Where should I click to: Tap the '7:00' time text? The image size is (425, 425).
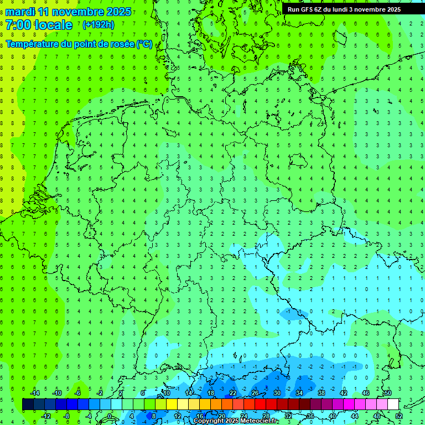[x=18, y=25]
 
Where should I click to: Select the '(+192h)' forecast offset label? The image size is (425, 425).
[x=98, y=25]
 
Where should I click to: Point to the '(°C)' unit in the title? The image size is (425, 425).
[x=144, y=44]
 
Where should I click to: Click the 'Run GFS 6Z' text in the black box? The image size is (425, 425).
[x=304, y=9]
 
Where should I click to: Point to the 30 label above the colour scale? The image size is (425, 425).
[x=277, y=393]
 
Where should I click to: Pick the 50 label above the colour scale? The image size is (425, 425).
[x=387, y=393]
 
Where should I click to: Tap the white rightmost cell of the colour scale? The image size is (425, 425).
[x=393, y=405]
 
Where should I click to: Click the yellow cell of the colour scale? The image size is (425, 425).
[x=172, y=405]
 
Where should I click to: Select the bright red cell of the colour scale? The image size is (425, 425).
[x=260, y=405]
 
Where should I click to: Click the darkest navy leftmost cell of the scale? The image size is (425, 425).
[x=28, y=405]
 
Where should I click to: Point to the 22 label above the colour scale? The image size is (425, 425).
[x=232, y=393]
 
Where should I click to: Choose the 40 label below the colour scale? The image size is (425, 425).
[x=332, y=416]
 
